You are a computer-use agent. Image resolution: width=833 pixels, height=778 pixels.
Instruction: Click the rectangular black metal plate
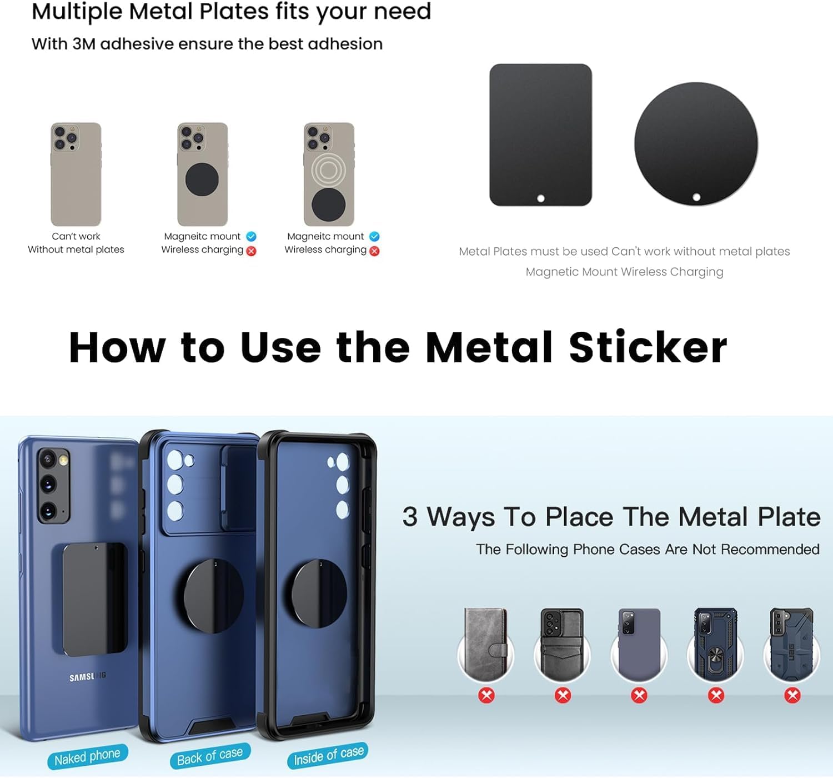tap(540, 135)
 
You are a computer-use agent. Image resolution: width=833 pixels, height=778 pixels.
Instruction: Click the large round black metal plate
tap(696, 144)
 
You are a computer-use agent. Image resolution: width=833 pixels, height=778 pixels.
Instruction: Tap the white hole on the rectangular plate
tap(541, 198)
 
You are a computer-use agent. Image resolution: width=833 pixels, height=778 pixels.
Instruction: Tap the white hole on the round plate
tap(696, 197)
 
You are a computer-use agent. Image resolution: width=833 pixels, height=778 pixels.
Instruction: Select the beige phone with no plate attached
tap(76, 174)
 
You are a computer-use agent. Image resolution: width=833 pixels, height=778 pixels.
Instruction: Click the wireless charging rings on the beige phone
tap(329, 170)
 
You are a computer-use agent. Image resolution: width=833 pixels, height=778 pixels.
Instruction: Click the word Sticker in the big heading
tap(648, 348)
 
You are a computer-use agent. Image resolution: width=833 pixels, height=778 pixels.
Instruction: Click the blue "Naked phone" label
tap(87, 756)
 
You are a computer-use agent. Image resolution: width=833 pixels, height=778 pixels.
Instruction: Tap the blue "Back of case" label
tap(210, 756)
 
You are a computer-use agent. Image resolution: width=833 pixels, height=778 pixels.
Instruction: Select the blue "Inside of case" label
tap(328, 755)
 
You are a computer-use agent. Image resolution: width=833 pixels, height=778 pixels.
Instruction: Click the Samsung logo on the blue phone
tap(87, 676)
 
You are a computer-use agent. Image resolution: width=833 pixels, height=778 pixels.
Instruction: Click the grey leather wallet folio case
tap(486, 644)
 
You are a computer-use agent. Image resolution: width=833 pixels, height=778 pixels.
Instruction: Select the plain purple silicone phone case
tap(639, 645)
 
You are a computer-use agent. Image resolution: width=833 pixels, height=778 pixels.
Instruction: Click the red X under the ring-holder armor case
tap(716, 696)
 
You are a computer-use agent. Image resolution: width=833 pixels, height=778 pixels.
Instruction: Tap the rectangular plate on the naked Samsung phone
tap(95, 599)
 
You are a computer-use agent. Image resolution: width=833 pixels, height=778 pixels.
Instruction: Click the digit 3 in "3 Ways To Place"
tap(410, 516)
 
